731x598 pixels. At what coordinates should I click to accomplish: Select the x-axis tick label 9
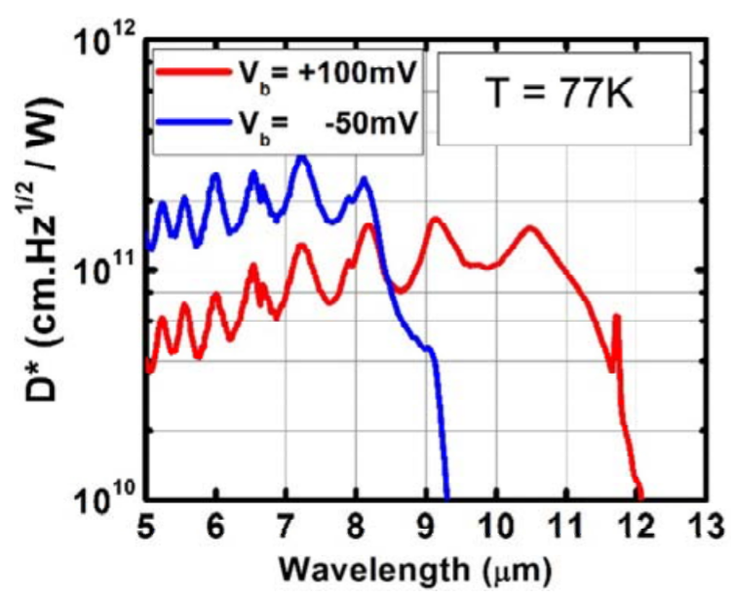(426, 520)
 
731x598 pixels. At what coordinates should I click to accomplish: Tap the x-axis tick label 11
(566, 520)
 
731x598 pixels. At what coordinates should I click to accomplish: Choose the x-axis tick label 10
(496, 520)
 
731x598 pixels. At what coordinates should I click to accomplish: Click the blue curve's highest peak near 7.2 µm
(302, 157)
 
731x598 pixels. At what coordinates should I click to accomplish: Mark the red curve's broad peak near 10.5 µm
(530, 228)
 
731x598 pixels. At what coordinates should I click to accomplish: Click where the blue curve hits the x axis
(446, 494)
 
